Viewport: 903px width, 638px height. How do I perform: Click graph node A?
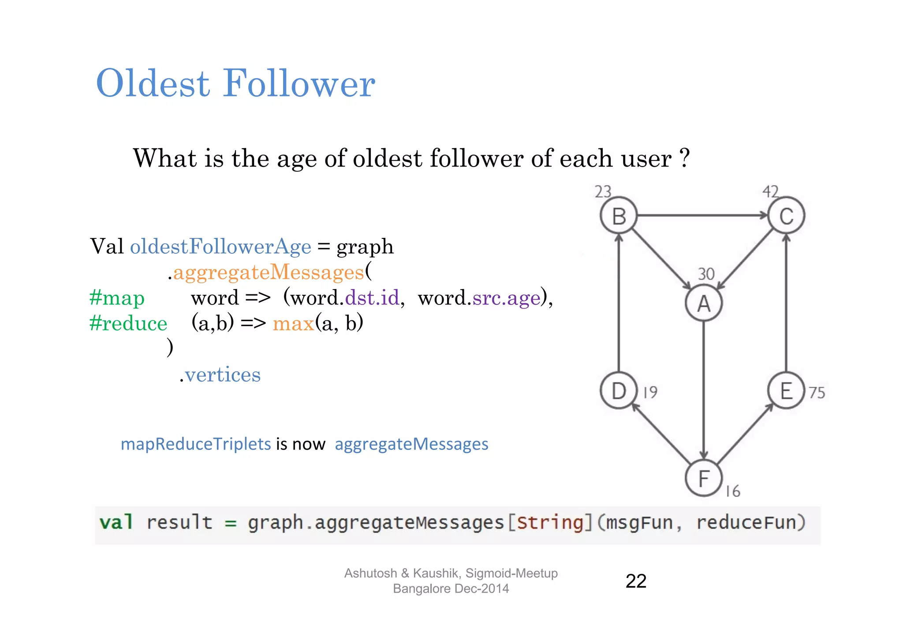click(x=704, y=303)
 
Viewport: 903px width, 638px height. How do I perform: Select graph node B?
click(x=619, y=216)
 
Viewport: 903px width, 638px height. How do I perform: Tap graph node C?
click(x=786, y=216)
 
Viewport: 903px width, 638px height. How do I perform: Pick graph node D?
click(x=619, y=391)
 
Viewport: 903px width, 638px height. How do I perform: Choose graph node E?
click(x=786, y=391)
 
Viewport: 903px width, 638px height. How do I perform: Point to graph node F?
click(x=704, y=478)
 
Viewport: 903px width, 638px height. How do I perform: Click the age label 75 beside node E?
click(x=817, y=393)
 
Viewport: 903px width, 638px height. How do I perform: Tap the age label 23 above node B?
click(x=603, y=192)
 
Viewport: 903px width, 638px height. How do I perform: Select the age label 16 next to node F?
click(x=733, y=491)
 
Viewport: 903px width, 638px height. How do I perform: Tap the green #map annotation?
click(x=117, y=298)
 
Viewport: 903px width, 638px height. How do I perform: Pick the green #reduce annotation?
click(x=128, y=323)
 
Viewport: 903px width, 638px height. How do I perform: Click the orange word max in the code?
click(x=293, y=324)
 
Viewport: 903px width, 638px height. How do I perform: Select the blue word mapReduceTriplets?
click(x=196, y=444)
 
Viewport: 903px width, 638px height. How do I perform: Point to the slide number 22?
click(x=636, y=581)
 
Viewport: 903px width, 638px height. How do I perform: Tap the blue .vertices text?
click(x=220, y=375)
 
